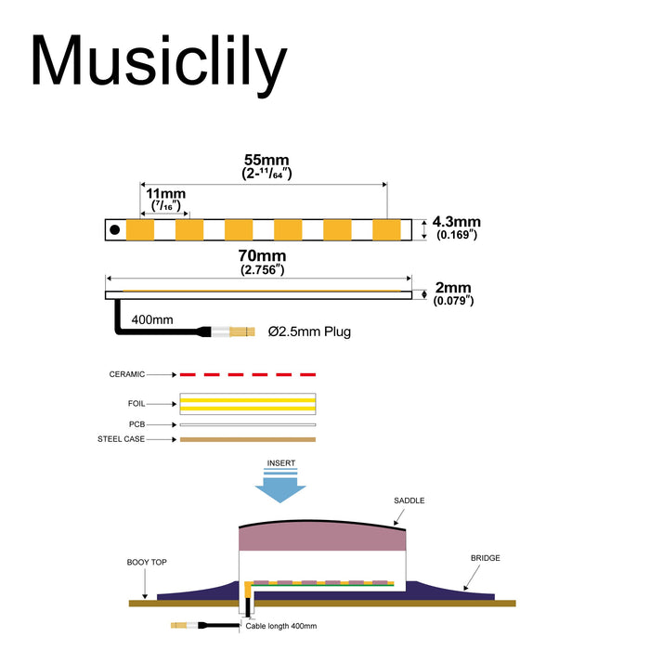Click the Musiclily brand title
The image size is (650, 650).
click(159, 63)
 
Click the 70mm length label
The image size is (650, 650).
click(260, 255)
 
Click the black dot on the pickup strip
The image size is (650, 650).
click(114, 229)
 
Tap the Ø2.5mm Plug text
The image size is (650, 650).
click(309, 331)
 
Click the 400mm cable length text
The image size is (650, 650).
click(151, 319)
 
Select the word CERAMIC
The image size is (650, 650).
click(127, 374)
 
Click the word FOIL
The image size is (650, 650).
click(136, 404)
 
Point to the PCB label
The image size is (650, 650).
click(137, 424)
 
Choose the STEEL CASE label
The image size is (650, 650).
click(122, 439)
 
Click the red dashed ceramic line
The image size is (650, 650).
click(248, 374)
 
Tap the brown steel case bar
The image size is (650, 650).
click(248, 439)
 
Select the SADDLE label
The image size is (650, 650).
click(409, 500)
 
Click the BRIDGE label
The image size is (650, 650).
click(485, 558)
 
